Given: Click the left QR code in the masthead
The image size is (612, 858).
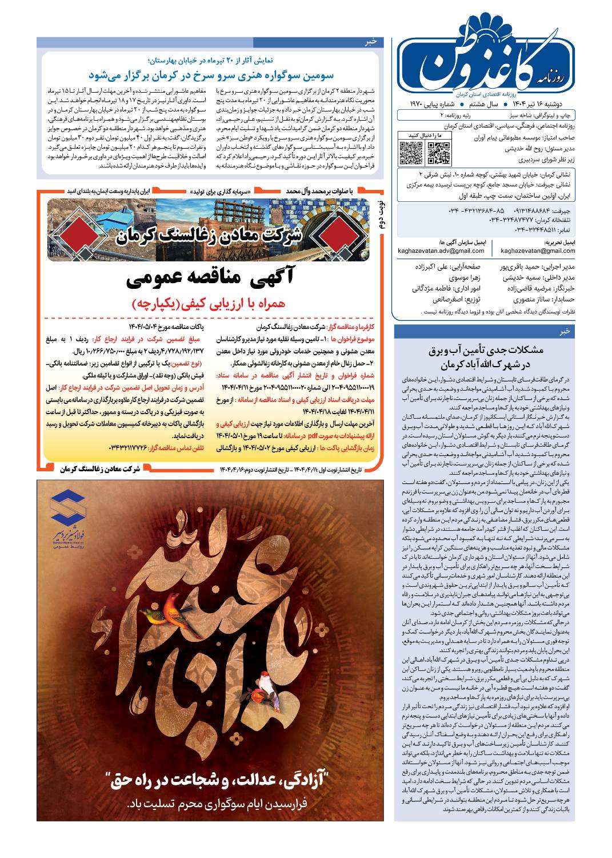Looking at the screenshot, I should tap(410, 152).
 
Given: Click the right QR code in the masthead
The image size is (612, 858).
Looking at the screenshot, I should tap(438, 152).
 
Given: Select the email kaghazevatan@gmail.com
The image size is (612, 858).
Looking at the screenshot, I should tap(538, 251).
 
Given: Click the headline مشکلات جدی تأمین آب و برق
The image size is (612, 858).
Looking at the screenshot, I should tap(485, 357).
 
